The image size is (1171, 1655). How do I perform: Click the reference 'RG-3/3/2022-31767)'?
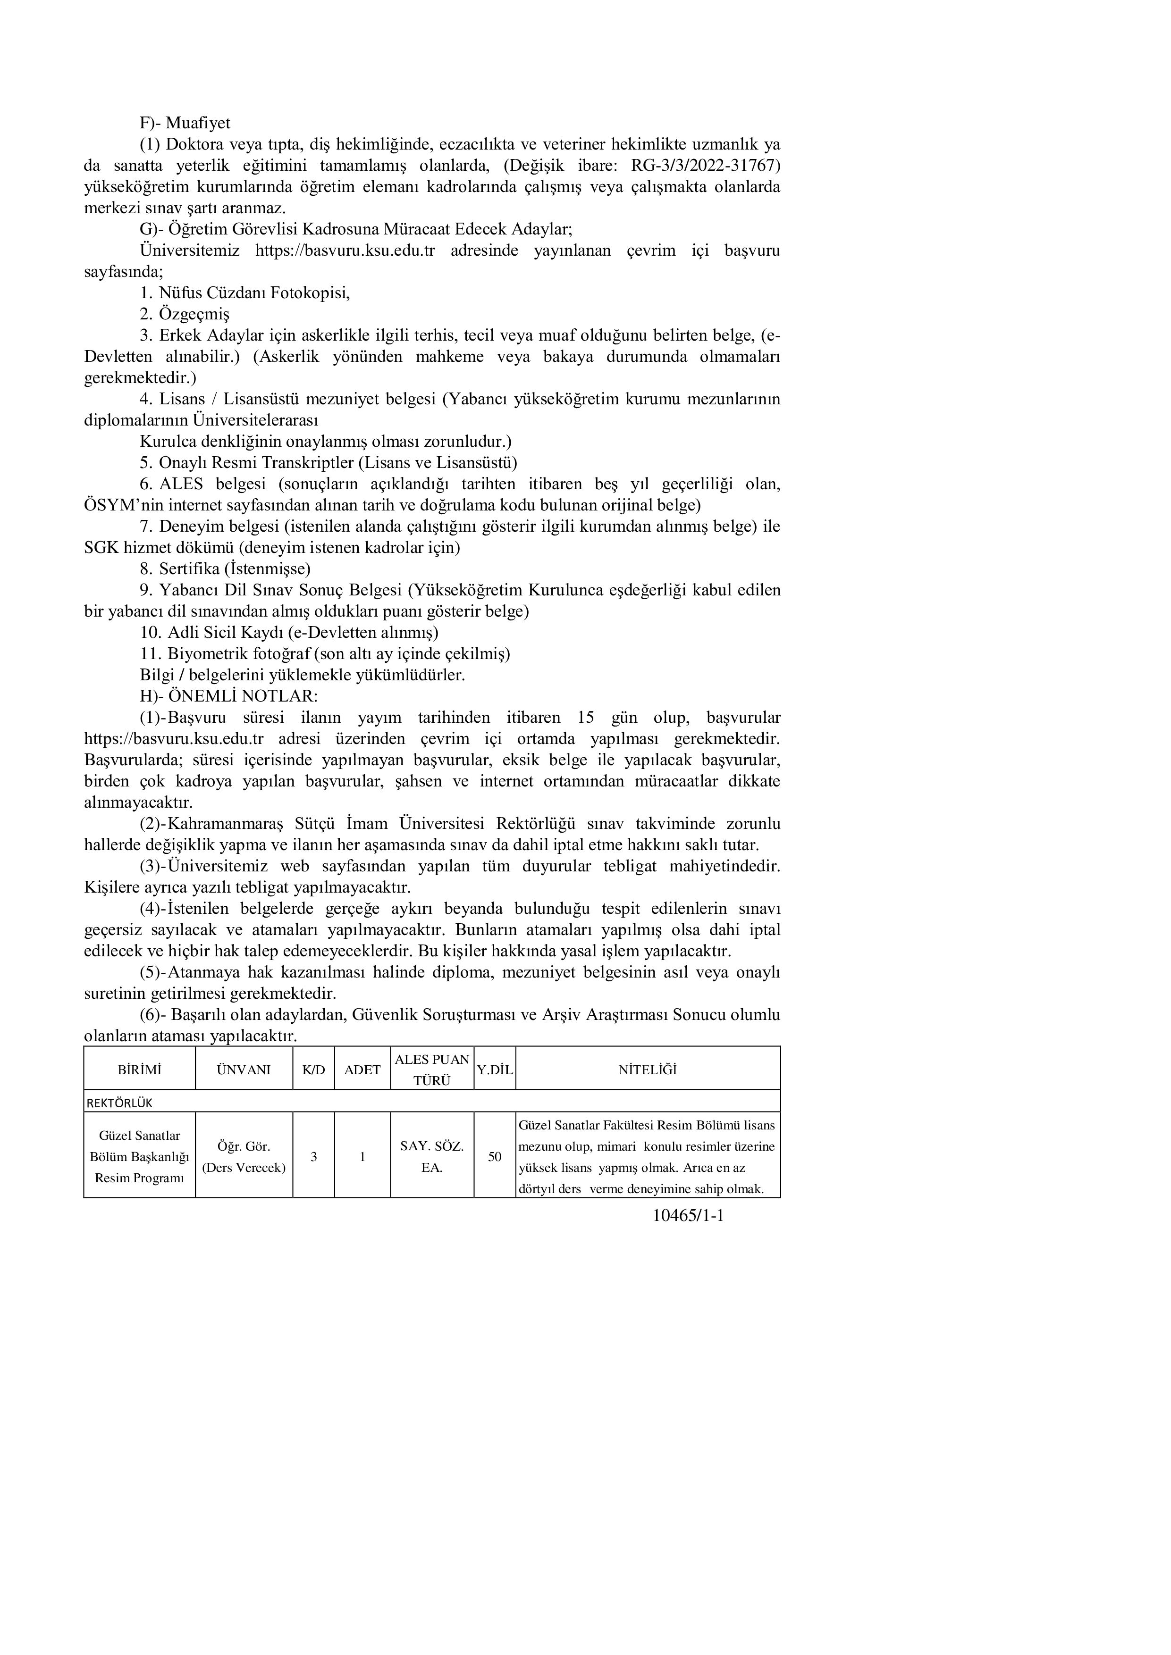(705, 166)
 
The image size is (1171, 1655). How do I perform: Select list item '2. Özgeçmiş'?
(185, 314)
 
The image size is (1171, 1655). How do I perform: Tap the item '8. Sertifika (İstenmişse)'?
(225, 568)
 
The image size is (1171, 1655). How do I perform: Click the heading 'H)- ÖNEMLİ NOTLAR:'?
(228, 696)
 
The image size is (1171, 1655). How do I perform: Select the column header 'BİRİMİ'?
(139, 1070)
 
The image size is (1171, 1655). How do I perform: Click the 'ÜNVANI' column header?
(244, 1070)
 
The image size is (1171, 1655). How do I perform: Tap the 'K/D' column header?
(313, 1070)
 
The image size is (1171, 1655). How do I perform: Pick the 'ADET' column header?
(362, 1070)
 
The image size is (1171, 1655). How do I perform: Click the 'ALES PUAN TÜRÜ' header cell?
(432, 1070)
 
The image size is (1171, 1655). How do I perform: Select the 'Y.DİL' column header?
(495, 1070)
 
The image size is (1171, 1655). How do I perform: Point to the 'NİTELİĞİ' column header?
(648, 1070)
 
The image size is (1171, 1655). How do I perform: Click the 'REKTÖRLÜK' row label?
(120, 1103)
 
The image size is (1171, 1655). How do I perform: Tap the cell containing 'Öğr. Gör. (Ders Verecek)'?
(244, 1156)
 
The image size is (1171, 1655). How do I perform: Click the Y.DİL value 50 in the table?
(495, 1156)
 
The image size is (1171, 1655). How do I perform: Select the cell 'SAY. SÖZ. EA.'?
(432, 1156)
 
